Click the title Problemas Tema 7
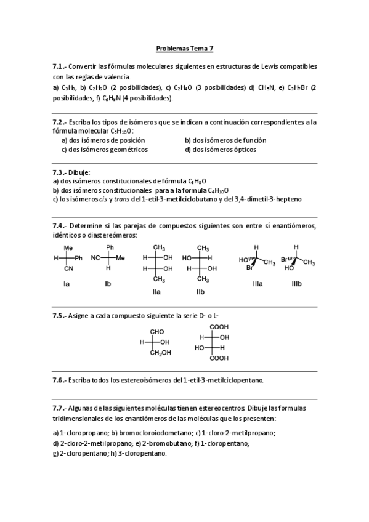[x=185, y=47]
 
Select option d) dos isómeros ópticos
[x=221, y=150]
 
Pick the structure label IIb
[x=200, y=291]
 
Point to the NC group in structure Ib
[x=95, y=259]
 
